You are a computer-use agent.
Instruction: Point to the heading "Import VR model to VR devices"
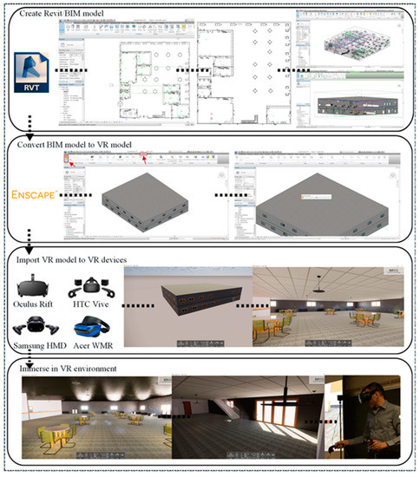click(82, 258)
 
